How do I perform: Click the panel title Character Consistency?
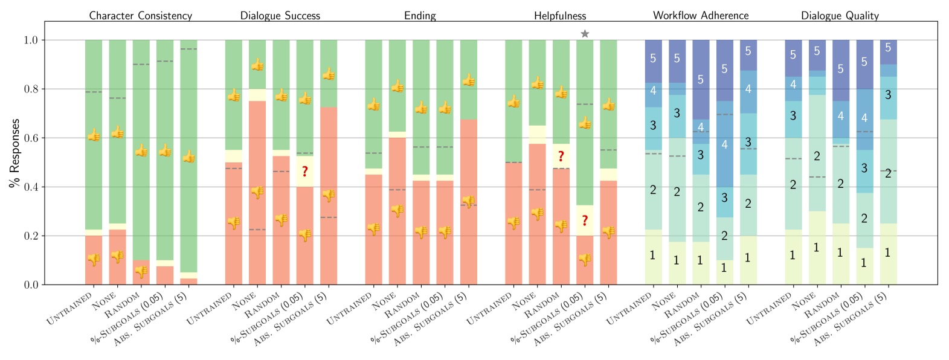coord(140,16)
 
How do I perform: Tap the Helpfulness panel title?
coord(559,16)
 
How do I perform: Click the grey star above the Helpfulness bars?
coord(585,34)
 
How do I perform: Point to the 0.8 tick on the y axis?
coord(30,89)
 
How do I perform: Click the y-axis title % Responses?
coord(14,153)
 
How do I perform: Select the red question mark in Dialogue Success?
coord(305,172)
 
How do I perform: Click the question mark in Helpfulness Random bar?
coord(561,156)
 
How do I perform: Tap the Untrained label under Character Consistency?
coord(70,309)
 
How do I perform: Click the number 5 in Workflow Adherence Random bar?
coord(701,79)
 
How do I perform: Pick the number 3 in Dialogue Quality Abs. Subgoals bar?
coord(888,95)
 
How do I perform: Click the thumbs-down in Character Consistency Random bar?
coord(141,272)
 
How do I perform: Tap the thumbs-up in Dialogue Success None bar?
coord(257,65)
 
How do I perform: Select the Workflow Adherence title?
coord(700,16)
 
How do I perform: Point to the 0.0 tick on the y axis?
coord(30,285)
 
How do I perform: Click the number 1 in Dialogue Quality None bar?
coord(817,248)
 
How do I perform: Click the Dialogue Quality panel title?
coord(840,16)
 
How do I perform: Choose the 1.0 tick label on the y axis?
coord(30,40)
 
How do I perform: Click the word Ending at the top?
coord(420,16)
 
